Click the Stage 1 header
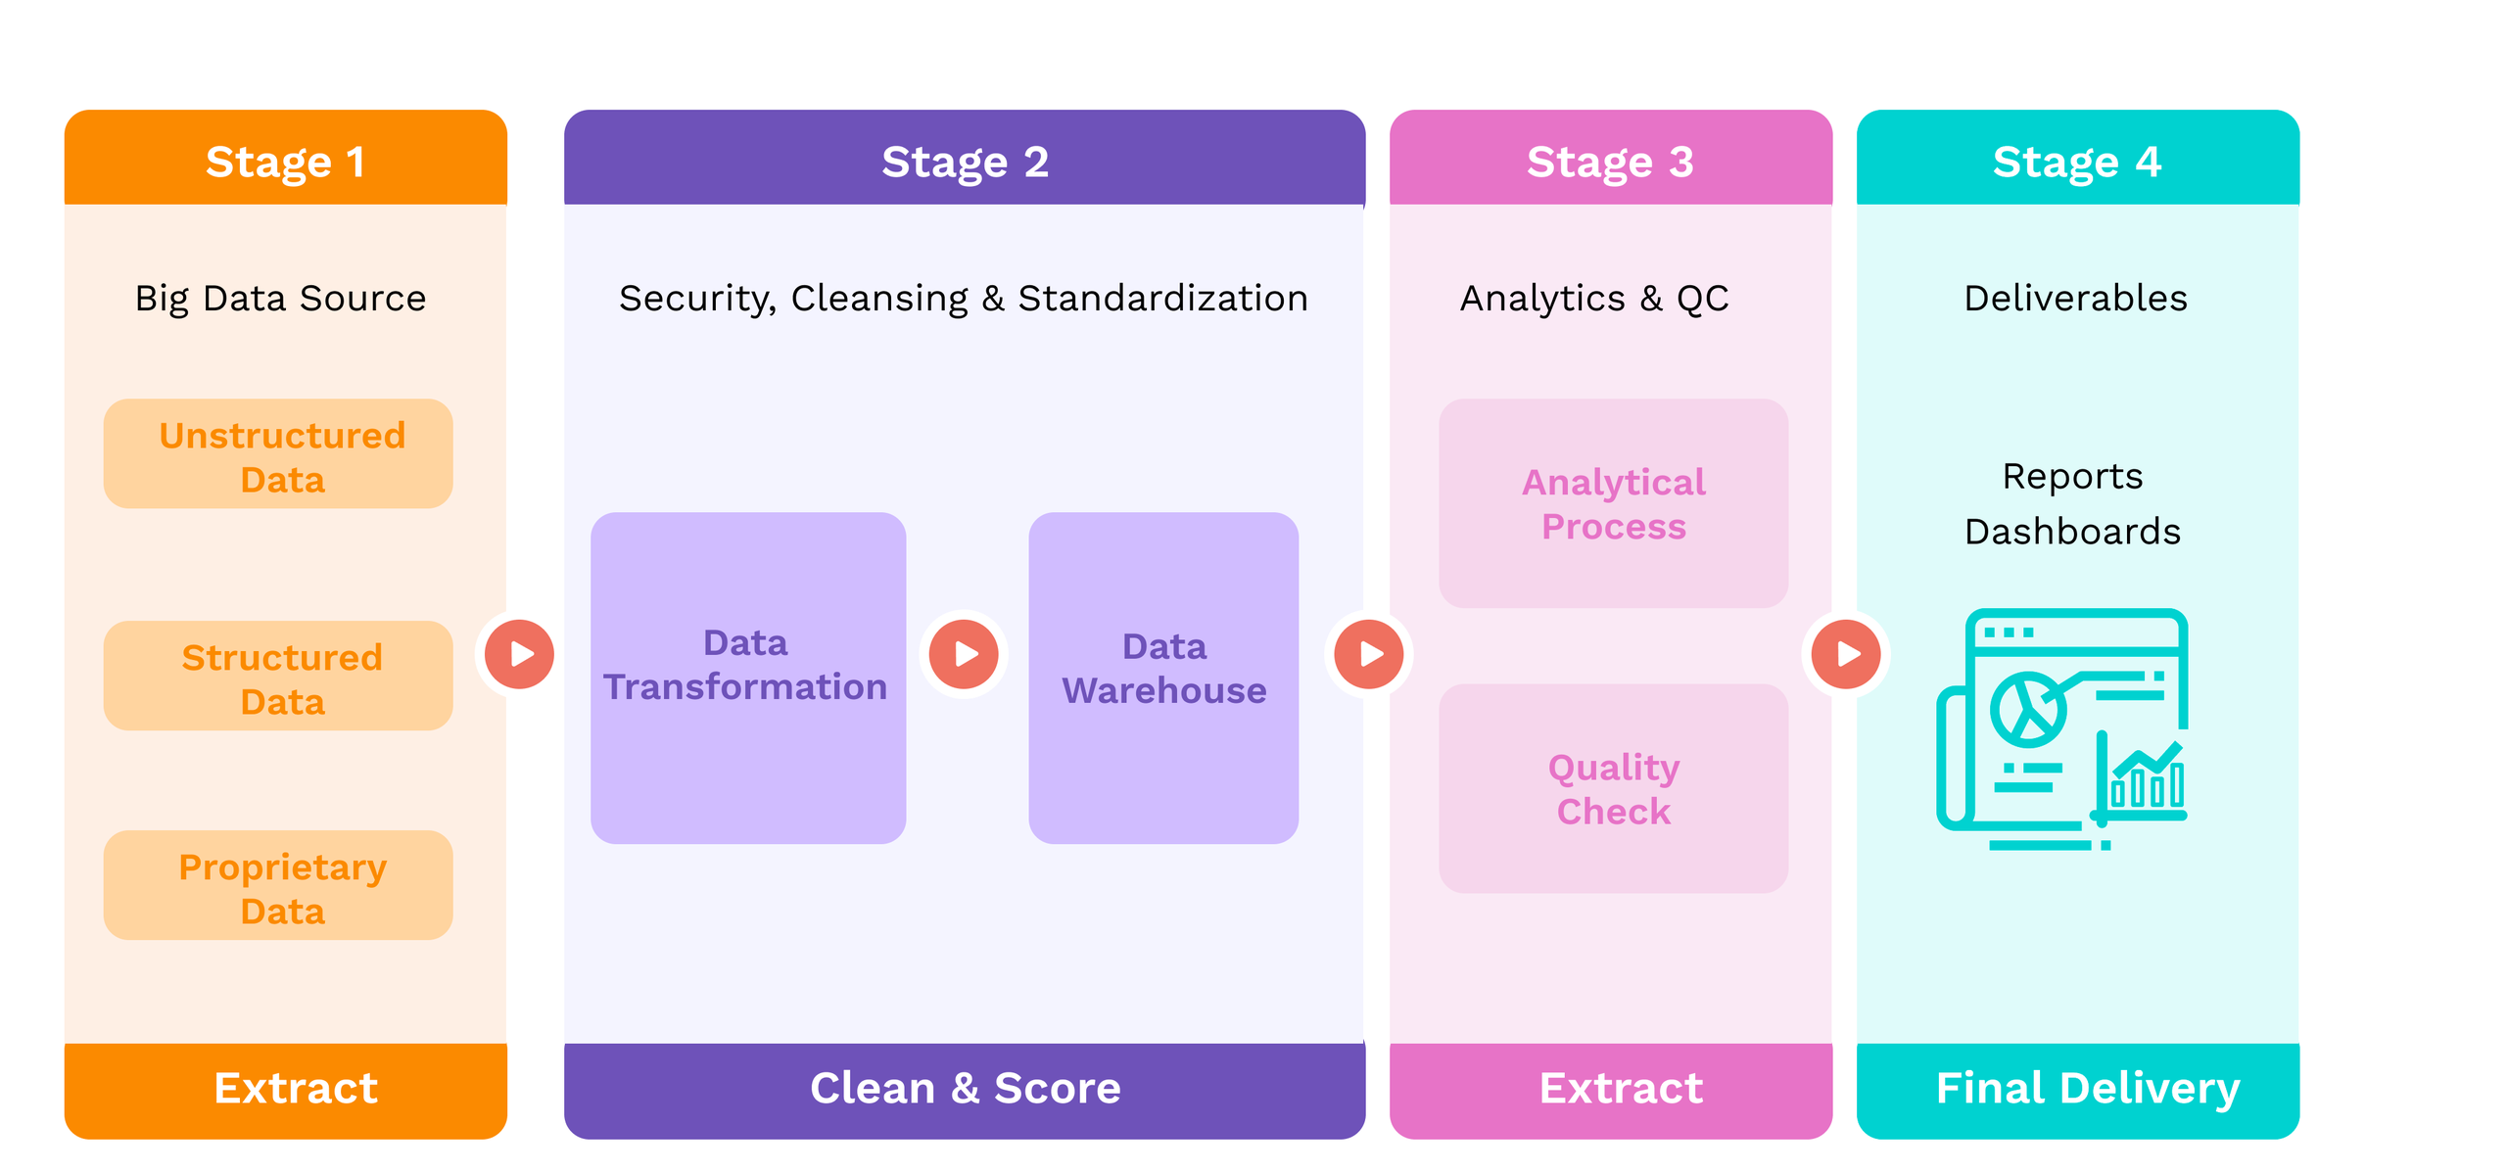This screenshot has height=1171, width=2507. (x=285, y=161)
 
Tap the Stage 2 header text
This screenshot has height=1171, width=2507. (x=964, y=161)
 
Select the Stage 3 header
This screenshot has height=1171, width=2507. (x=1609, y=161)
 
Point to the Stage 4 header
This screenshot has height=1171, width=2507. (x=2076, y=161)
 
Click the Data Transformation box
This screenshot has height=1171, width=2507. (x=747, y=678)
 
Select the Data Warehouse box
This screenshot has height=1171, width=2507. (x=1163, y=678)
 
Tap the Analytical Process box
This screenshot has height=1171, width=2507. (x=1613, y=503)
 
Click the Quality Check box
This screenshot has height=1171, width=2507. (x=1613, y=788)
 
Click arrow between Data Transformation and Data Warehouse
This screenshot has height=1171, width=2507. (x=964, y=654)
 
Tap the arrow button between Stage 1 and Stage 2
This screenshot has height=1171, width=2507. (x=519, y=654)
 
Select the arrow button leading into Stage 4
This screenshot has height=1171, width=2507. (x=1845, y=654)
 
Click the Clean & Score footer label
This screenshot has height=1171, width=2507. (x=964, y=1088)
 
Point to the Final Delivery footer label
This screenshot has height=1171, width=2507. (x=2087, y=1088)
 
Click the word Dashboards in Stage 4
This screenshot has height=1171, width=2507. (x=2072, y=532)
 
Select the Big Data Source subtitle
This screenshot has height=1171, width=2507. (x=280, y=298)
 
